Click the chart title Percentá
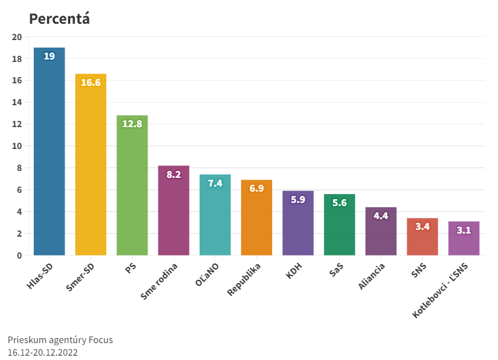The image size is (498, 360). [x=59, y=19]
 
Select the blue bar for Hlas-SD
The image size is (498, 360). [x=49, y=157]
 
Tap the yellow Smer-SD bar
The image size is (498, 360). [x=91, y=169]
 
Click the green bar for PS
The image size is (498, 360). [x=132, y=188]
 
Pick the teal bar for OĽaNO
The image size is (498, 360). [x=215, y=216]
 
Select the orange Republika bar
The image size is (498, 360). [x=257, y=219]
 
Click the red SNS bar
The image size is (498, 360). [x=422, y=238]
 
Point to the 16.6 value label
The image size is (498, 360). [x=91, y=83]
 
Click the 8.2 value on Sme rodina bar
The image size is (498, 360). [x=173, y=174]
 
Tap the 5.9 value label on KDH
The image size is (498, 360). [x=298, y=200]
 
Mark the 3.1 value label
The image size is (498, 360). [x=464, y=230]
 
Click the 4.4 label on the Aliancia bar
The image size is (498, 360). [x=381, y=216]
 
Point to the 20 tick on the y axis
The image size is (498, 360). [x=17, y=37]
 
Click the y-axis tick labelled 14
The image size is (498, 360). [x=17, y=103]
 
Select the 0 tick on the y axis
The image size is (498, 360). [x=19, y=255]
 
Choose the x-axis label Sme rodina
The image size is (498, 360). [x=160, y=281]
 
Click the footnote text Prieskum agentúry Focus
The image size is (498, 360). [x=60, y=340]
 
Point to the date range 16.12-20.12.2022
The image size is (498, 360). [x=43, y=352]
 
